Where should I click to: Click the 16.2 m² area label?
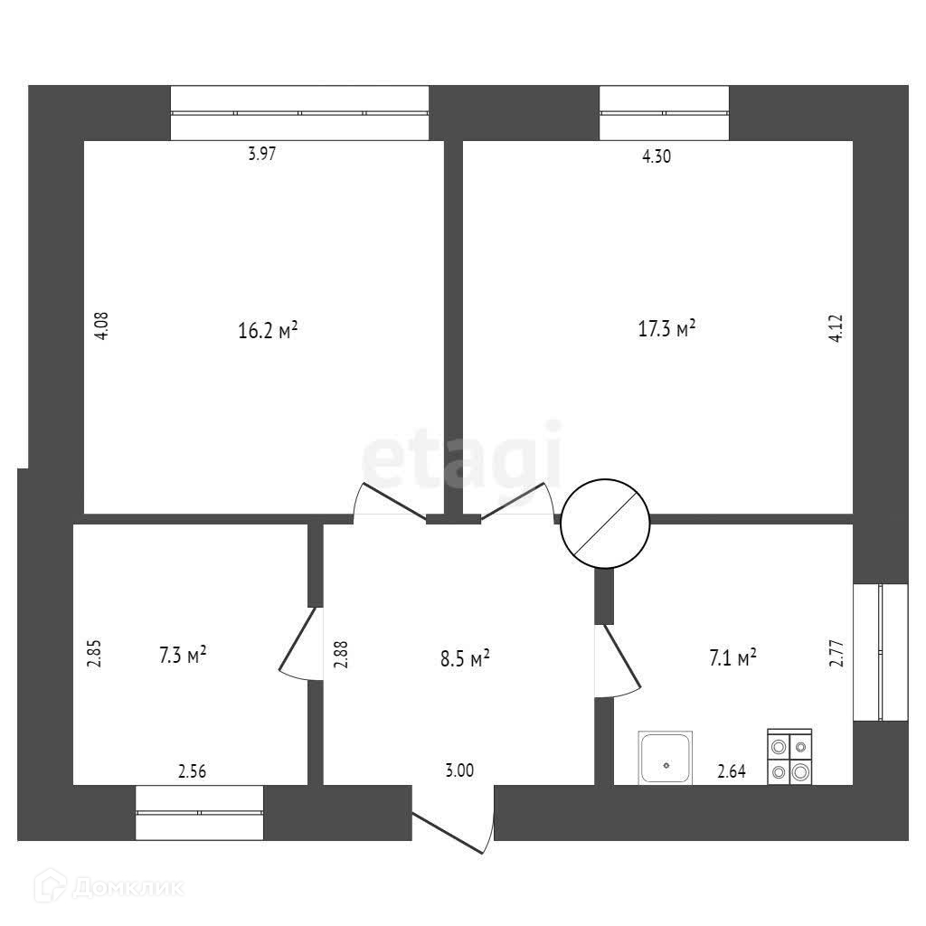[x=268, y=331]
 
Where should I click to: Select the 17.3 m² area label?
[x=667, y=327]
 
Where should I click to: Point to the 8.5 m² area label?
[x=465, y=657]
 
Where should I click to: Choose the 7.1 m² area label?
[x=733, y=657]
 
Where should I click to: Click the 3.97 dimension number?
[x=261, y=154]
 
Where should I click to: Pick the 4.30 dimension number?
[x=657, y=156]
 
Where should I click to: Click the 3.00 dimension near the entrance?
[x=459, y=770]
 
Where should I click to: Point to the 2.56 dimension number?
[x=192, y=771]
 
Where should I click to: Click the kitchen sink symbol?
[x=666, y=758]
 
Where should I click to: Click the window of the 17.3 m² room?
[x=664, y=113]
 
